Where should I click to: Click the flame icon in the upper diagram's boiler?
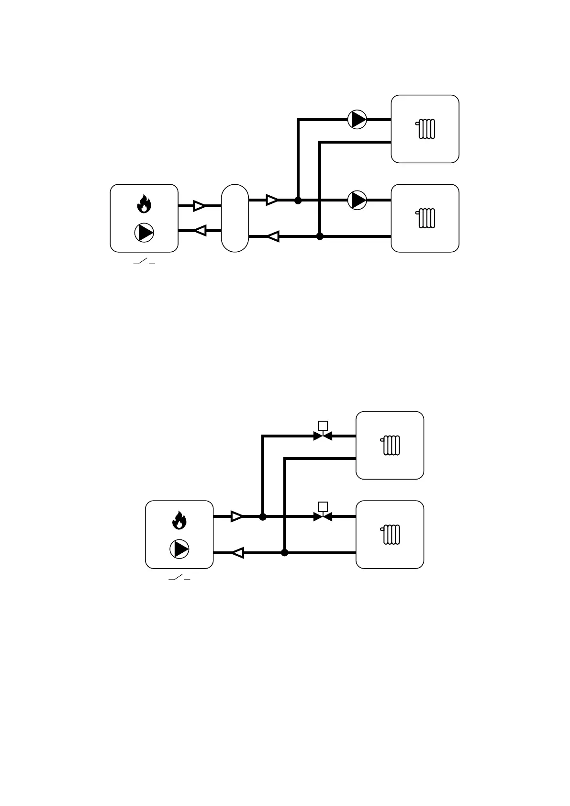click(144, 204)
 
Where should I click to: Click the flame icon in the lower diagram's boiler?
click(179, 520)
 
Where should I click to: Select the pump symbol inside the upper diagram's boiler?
click(144, 233)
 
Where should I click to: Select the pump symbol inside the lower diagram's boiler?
click(179, 549)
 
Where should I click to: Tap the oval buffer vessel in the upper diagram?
click(235, 218)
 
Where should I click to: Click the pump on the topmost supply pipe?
click(357, 119)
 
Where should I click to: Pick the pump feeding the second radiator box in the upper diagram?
click(357, 200)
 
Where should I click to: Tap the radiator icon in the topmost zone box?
click(426, 129)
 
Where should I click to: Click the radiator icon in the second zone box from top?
click(426, 218)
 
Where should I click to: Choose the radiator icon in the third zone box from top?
click(391, 445)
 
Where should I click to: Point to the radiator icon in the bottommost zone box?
click(391, 535)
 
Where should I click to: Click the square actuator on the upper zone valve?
click(323, 425)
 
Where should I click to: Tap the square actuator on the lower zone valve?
click(323, 506)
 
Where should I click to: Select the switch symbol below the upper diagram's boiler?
click(144, 262)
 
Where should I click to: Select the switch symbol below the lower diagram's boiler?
click(179, 578)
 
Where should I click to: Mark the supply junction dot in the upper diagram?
click(298, 201)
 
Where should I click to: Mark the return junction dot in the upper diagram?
click(320, 236)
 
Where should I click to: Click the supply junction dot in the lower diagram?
click(263, 517)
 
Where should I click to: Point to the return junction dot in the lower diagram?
click(285, 553)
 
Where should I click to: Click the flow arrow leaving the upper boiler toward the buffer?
click(199, 206)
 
